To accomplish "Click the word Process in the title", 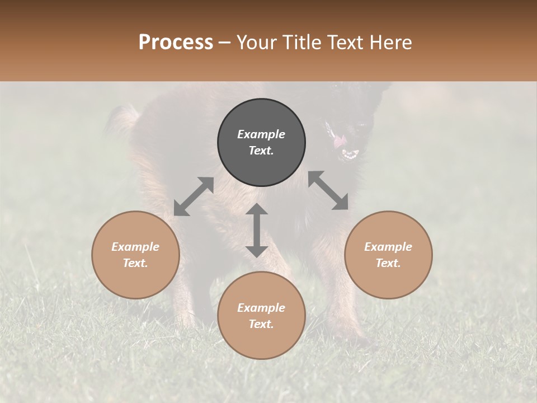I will (176, 43).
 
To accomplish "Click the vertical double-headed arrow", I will (257, 230).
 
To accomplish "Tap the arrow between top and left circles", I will (194, 196).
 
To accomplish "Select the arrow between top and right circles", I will (328, 191).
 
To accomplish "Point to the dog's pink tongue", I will (340, 142).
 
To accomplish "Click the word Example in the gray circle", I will (261, 134).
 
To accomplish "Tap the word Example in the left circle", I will (135, 247).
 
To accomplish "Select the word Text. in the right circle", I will (388, 263).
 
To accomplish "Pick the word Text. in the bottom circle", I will (261, 324).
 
